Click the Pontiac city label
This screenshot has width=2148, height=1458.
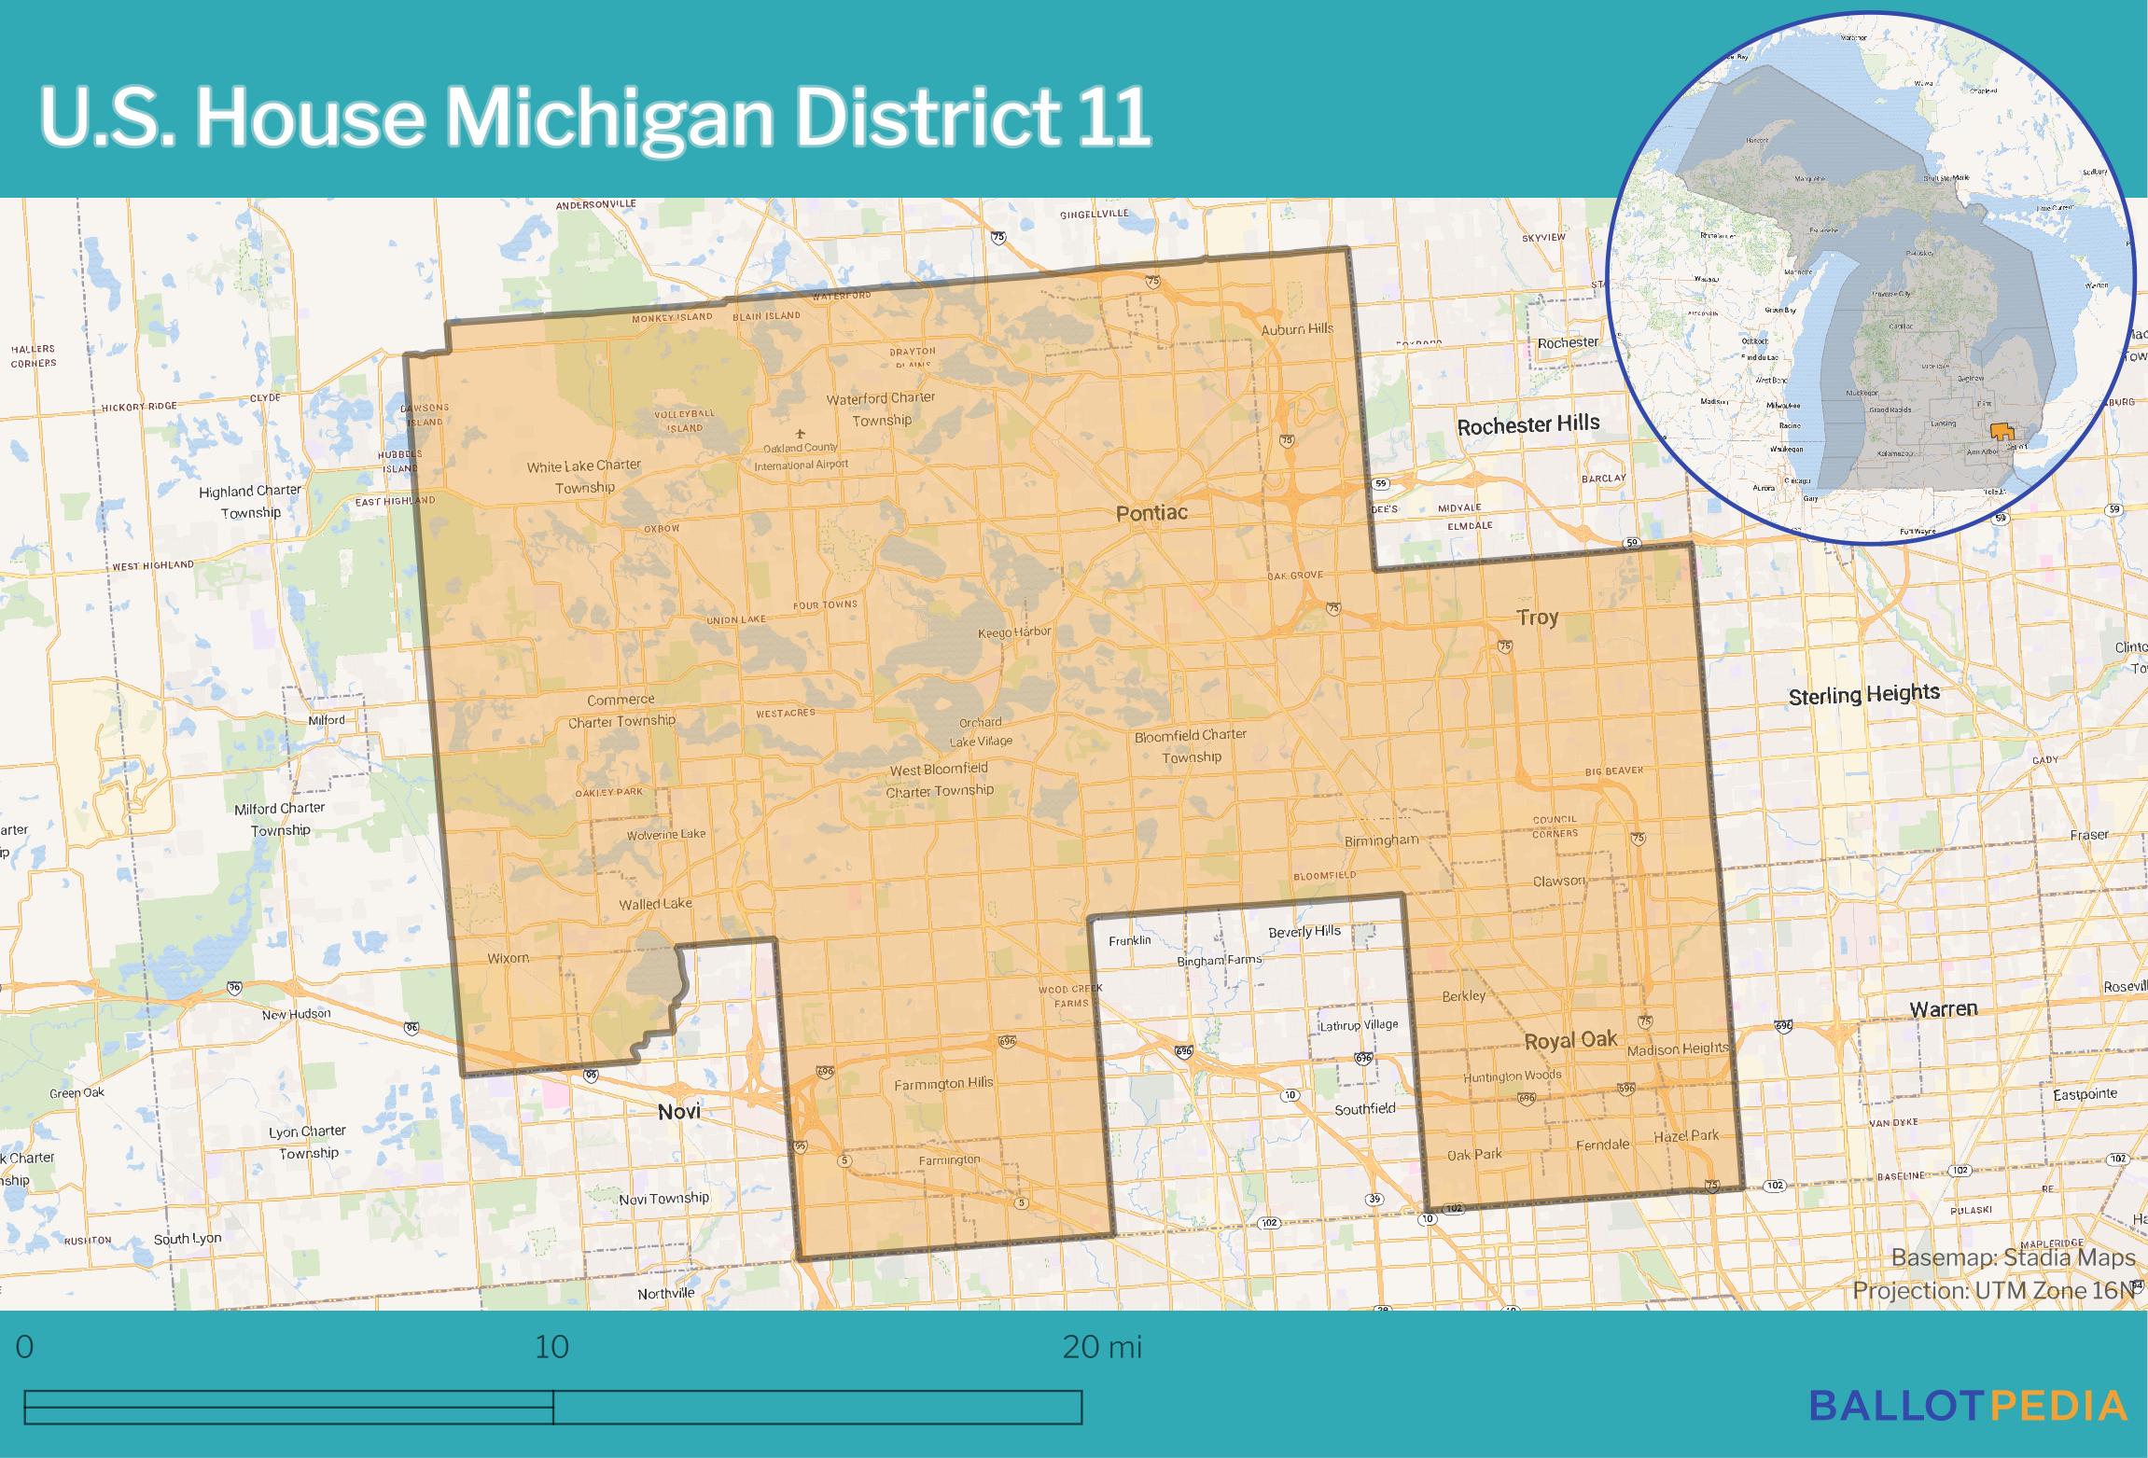(x=1151, y=513)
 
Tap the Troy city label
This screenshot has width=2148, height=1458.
(x=1537, y=618)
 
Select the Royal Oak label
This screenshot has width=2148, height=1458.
(x=1570, y=1041)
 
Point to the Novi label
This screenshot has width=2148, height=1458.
(x=678, y=1112)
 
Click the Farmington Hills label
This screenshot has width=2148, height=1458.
(x=943, y=1084)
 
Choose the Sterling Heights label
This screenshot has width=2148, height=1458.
(x=1863, y=695)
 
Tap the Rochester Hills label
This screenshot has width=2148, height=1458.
(x=1527, y=425)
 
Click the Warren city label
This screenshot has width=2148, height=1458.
(x=1943, y=1009)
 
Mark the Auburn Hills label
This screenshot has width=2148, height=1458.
(x=1297, y=329)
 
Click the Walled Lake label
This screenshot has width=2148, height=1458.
(x=655, y=904)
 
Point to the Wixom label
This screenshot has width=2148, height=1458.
(x=508, y=958)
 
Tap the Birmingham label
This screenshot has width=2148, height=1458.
(x=1381, y=840)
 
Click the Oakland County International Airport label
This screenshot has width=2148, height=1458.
(x=801, y=456)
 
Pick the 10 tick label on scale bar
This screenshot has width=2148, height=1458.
(x=551, y=1348)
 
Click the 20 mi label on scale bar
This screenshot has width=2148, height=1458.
(x=1101, y=1348)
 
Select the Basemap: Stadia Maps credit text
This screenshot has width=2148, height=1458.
(x=2013, y=1258)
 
